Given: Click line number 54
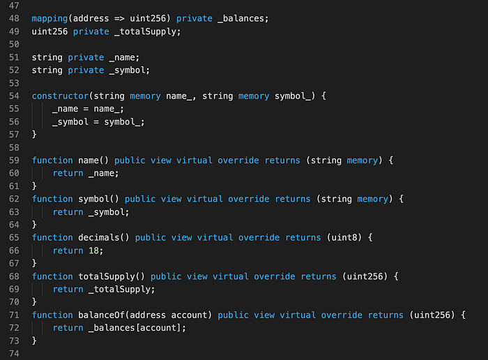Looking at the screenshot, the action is click(14, 96).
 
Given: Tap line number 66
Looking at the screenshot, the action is click(14, 250).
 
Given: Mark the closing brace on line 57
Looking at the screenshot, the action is click(34, 134).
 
